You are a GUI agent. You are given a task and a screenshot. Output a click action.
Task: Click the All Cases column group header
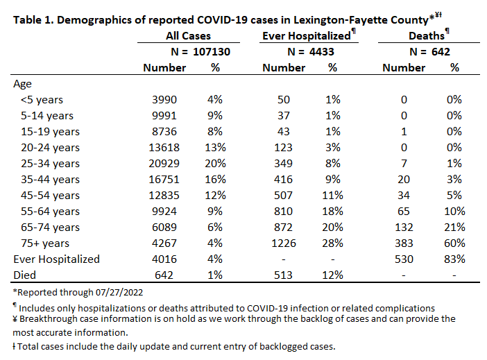pos(188,35)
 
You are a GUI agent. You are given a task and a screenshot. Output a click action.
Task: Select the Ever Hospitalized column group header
pos(307,35)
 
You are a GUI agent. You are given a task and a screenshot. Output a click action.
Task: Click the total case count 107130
pos(212,51)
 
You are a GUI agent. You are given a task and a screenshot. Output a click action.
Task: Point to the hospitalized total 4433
pos(321,51)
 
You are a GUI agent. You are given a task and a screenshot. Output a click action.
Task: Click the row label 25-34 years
pos(51,164)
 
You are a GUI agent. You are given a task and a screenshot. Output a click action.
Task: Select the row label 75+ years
pos(45,243)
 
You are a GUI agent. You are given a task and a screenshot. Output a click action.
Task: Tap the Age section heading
pos(22,84)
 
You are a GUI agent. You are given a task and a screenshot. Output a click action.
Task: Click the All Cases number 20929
pos(164,164)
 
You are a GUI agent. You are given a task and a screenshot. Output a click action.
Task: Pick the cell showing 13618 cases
pos(164,148)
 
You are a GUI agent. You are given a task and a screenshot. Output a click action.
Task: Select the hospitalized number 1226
pos(284,243)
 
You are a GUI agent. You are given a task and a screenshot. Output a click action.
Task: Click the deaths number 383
pos(404,243)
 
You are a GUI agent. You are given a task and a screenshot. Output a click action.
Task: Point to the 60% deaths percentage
pos(454,243)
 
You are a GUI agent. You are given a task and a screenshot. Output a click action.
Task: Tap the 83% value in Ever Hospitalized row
pos(454,259)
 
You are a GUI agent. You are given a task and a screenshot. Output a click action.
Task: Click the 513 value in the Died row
pos(283,275)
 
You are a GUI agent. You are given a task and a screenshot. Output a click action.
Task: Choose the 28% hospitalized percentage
pos(332,243)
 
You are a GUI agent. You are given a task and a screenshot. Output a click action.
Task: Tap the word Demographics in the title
pos(94,21)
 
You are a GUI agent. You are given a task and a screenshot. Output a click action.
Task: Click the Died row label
pos(24,275)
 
